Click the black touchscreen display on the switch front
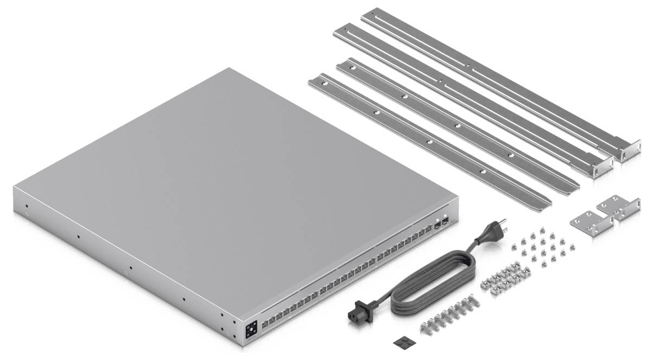click(x=251, y=330)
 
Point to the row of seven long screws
click(x=444, y=318)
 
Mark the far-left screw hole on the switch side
click(x=26, y=207)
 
